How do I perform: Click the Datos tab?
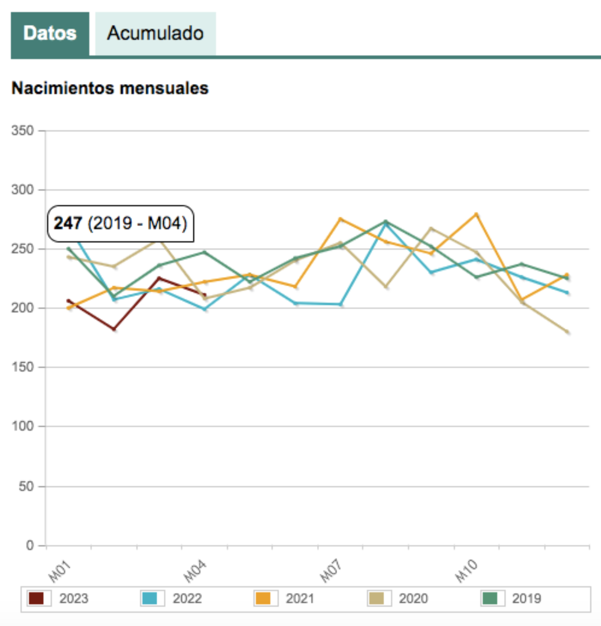click(50, 34)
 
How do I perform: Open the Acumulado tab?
click(155, 34)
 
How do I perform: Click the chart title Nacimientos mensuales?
click(110, 88)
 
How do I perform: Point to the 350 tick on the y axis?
click(23, 131)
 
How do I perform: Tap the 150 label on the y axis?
click(23, 367)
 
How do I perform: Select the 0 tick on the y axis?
click(30, 545)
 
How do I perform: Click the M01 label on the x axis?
click(60, 571)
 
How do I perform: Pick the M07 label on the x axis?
click(331, 571)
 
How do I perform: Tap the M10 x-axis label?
click(466, 571)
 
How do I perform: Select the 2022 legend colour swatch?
click(149, 598)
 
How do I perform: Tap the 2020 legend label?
click(413, 598)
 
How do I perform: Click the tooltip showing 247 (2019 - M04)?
click(120, 223)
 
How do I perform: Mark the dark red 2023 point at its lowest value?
click(114, 329)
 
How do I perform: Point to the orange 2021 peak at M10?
click(476, 215)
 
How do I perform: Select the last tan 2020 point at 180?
click(567, 332)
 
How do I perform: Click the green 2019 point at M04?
click(204, 252)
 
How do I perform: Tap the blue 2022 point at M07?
click(341, 304)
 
